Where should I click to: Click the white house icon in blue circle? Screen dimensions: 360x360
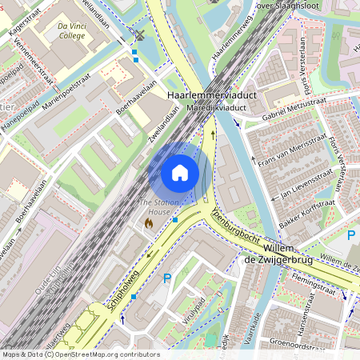click(x=180, y=173)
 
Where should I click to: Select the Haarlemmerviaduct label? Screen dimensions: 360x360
click(x=210, y=95)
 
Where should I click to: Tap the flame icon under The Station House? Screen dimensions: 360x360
click(x=149, y=225)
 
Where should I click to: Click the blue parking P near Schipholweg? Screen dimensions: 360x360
click(x=167, y=278)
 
